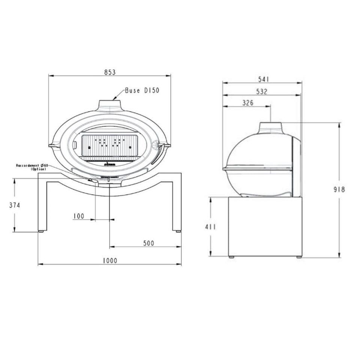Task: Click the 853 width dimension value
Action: pyautogui.click(x=110, y=72)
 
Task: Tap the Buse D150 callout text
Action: pyautogui.click(x=142, y=90)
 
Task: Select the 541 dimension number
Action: pyautogui.click(x=264, y=79)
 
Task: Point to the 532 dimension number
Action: pyautogui.click(x=262, y=92)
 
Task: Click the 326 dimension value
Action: pyautogui.click(x=247, y=103)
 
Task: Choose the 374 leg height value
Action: pyautogui.click(x=15, y=205)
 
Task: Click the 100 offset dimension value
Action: pyautogui.click(x=79, y=216)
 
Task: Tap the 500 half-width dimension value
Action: pyautogui.click(x=148, y=243)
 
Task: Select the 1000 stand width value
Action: pyautogui.click(x=109, y=261)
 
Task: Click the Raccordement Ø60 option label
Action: pyautogui.click(x=31, y=167)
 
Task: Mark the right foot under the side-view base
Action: pyautogui.click(x=299, y=257)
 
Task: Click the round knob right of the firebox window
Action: pyautogui.click(x=156, y=145)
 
